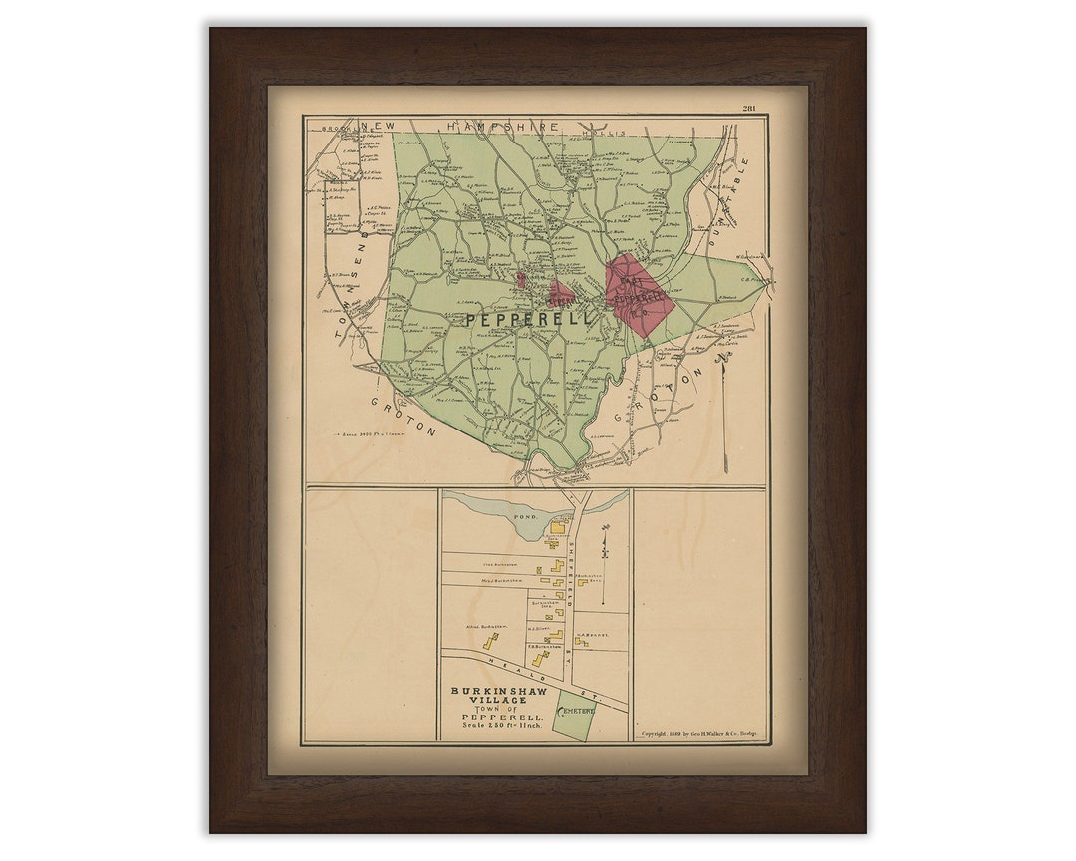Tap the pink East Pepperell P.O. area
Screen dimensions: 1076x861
[638, 294]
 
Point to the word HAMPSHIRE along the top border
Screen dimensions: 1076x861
[502, 127]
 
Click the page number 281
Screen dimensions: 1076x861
[750, 109]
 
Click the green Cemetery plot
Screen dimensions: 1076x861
[572, 715]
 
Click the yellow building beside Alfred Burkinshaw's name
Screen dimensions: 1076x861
[490, 641]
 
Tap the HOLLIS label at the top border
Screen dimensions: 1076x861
[611, 132]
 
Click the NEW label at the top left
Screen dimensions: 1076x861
[378, 127]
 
